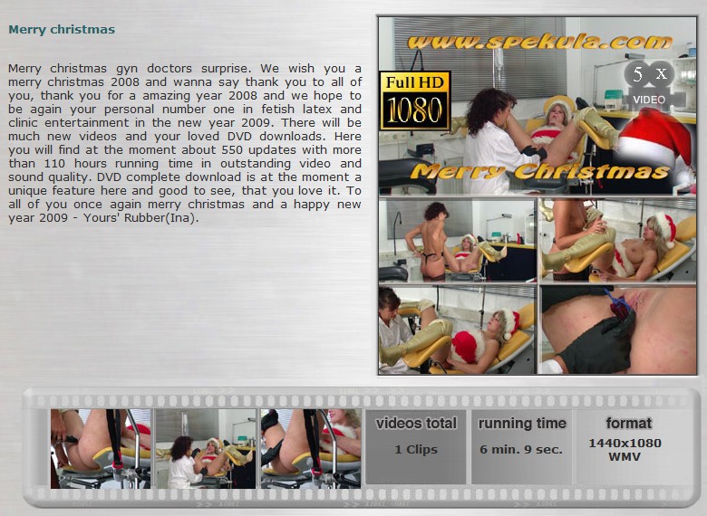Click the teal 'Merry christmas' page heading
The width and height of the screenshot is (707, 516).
point(62,30)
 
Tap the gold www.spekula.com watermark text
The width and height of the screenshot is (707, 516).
point(539,43)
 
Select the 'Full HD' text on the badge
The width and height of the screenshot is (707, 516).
point(415,82)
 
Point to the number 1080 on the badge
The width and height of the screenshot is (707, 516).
point(415,110)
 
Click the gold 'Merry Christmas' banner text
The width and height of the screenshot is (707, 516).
point(539,172)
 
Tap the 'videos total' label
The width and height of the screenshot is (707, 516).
point(416,424)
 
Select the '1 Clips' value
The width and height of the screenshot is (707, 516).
point(416,449)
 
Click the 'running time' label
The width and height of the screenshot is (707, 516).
point(522,424)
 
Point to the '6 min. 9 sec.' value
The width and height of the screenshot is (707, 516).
point(521,449)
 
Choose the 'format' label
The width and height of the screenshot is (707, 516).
point(628,424)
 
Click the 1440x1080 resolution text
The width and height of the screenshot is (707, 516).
point(625,443)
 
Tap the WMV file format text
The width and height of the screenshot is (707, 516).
point(625,456)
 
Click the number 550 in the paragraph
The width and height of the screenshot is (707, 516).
point(233,149)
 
